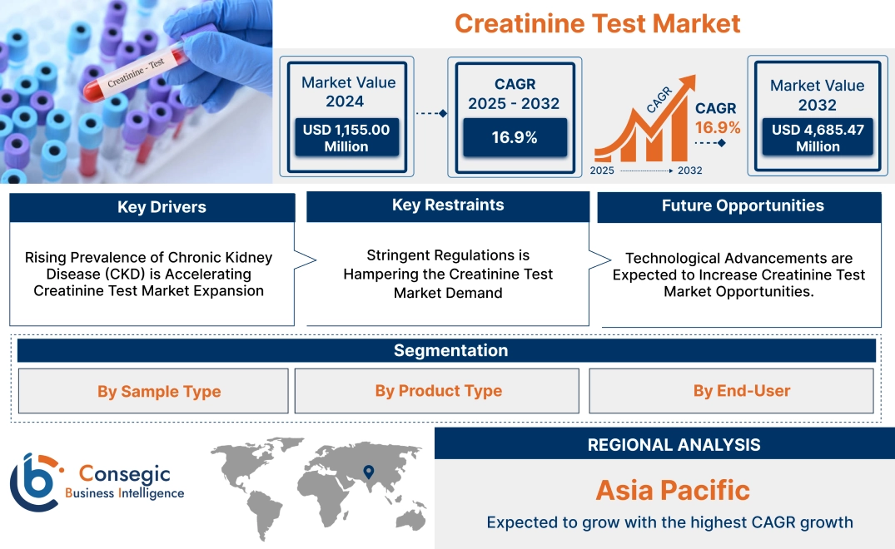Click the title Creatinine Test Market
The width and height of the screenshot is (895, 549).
597,23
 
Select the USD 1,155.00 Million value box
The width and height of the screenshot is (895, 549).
346,138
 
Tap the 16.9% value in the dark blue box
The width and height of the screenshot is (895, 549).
515,137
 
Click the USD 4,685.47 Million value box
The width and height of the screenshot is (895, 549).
817,138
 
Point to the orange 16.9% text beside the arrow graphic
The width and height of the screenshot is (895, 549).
718,127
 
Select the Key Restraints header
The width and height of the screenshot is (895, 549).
448,205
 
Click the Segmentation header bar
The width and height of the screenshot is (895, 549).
450,350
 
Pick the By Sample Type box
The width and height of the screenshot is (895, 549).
159,391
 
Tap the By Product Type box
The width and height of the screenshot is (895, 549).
438,391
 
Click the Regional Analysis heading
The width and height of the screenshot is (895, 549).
674,445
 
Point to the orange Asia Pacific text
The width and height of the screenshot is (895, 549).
673,489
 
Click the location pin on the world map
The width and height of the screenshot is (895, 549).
367,472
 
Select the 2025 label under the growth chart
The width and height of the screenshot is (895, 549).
604,171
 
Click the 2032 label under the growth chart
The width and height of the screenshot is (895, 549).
689,171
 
